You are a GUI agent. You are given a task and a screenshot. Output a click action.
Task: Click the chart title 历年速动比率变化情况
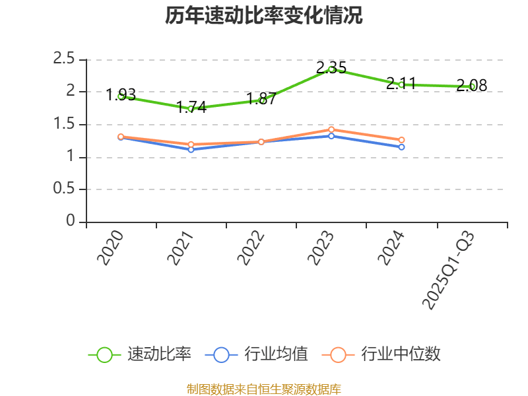tap(264, 16)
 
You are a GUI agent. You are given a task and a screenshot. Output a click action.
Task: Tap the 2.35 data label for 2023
tap(331, 67)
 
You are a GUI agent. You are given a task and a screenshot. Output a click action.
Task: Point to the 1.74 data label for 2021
tap(191, 108)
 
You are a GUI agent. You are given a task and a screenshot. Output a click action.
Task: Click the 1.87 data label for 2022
tap(261, 100)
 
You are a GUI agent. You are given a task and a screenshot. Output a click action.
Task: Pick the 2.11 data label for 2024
tap(401, 84)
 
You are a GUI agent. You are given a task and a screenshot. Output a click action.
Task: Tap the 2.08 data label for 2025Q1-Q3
tap(471, 86)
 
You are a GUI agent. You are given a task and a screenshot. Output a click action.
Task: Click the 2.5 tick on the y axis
tap(64, 59)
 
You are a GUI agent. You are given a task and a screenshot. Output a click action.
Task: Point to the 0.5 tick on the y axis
tap(64, 189)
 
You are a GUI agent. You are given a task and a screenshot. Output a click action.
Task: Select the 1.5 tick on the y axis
tap(64, 125)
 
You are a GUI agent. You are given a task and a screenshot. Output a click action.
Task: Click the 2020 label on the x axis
tap(111, 247)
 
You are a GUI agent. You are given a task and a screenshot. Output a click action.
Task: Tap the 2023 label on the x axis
tap(321, 247)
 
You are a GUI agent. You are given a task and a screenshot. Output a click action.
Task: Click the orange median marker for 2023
tap(331, 129)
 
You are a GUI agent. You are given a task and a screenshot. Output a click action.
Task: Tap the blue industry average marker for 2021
tap(191, 149)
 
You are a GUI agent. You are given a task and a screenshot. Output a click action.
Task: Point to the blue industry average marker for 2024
tap(401, 147)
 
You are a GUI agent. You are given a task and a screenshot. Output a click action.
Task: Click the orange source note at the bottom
tap(264, 389)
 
